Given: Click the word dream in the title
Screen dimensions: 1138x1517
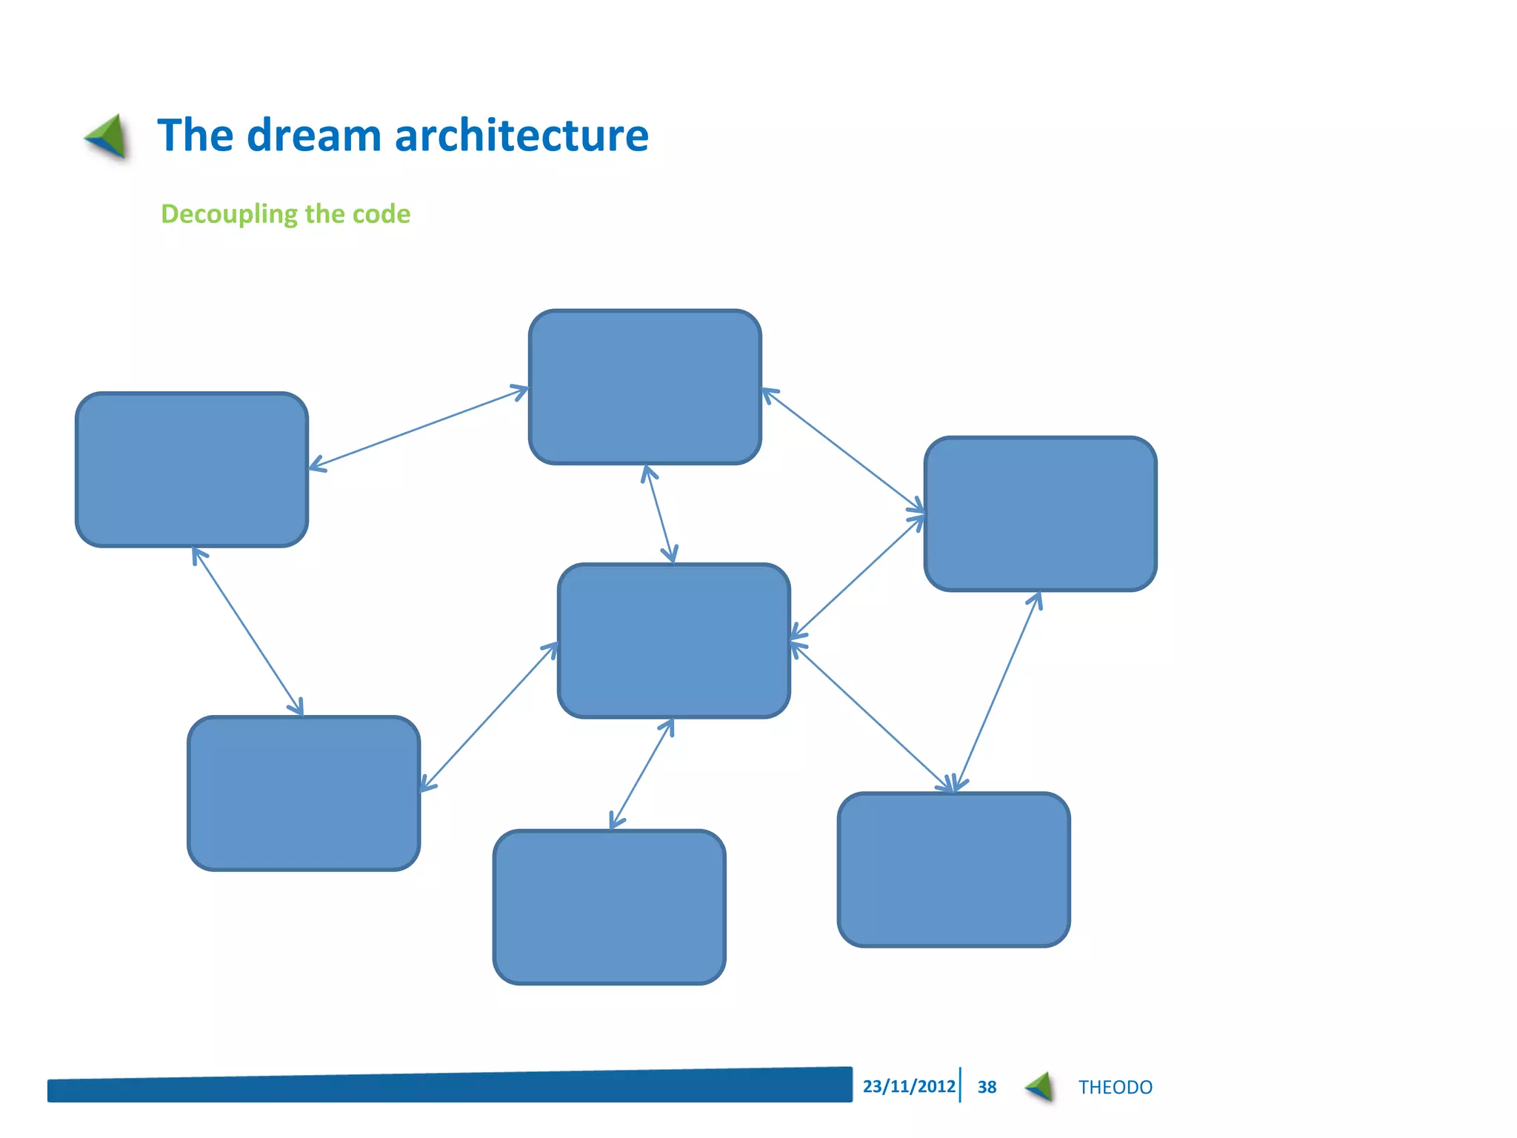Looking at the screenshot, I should coord(313,136).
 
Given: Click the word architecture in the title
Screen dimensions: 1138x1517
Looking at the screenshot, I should coord(521,136).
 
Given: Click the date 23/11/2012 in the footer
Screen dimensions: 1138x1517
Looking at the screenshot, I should coord(909,1086).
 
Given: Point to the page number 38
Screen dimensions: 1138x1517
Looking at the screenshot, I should coord(987,1087).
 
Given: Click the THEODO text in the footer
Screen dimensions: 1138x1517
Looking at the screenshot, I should coord(1115,1087).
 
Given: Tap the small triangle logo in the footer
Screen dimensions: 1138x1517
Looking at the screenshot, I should coord(1040,1087).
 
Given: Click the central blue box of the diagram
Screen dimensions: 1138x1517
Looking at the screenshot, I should coord(673,641).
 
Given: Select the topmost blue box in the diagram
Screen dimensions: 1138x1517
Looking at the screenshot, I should coord(644,387).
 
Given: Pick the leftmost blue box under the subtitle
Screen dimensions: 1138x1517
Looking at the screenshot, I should coord(192,470).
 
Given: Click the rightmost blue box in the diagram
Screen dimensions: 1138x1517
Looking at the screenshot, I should coord(1040,513).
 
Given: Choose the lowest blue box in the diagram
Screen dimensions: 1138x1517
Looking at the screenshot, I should coord(609,907).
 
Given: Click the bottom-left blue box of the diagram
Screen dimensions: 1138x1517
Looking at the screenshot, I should coord(304,793).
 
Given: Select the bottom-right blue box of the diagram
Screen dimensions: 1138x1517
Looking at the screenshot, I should coord(953,869).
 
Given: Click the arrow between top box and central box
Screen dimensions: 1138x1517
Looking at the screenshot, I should coord(659,514).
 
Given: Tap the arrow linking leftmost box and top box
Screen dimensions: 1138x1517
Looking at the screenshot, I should coord(419,427).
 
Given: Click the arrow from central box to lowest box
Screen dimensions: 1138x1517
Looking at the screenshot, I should coord(641,774).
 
